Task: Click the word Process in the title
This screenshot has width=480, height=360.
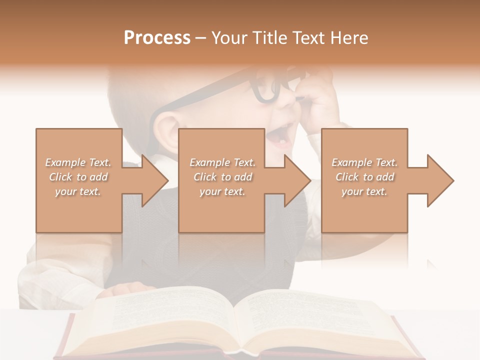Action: pos(157,38)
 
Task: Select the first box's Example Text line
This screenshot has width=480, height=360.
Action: pos(78,162)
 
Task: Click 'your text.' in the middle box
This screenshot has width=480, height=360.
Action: pos(222,191)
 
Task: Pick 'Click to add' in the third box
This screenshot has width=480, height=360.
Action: pos(364,177)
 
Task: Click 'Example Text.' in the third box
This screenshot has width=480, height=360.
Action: pos(364,162)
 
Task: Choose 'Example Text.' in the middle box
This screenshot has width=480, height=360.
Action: pos(222,162)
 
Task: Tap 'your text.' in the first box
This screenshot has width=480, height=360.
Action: pos(78,191)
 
